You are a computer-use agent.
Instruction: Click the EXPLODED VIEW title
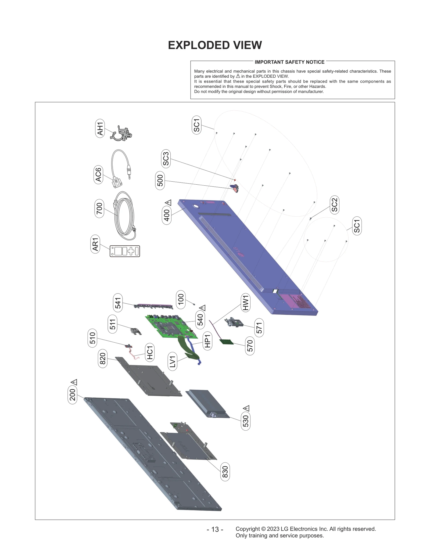[215, 45]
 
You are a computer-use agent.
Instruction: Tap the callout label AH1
[100, 128]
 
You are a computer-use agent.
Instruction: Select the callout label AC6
[98, 175]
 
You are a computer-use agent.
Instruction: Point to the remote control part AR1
[125, 251]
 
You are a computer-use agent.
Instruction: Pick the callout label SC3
[166, 159]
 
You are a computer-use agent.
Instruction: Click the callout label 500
[160, 180]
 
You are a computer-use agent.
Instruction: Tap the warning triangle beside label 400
[168, 203]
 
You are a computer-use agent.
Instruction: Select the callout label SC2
[334, 205]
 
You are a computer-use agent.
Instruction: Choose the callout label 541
[118, 303]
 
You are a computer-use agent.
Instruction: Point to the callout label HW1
[246, 303]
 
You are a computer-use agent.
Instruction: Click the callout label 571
[259, 328]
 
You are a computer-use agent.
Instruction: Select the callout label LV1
[173, 362]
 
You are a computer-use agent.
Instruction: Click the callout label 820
[103, 358]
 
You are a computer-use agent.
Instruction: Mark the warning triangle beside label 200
[74, 382]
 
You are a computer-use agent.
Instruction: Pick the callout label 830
[225, 472]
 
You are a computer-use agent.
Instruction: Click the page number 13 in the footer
[215, 529]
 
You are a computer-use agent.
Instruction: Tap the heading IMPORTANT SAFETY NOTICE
[289, 62]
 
